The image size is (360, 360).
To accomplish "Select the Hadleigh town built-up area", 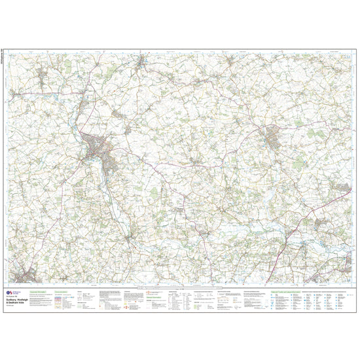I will tap(271, 138).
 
